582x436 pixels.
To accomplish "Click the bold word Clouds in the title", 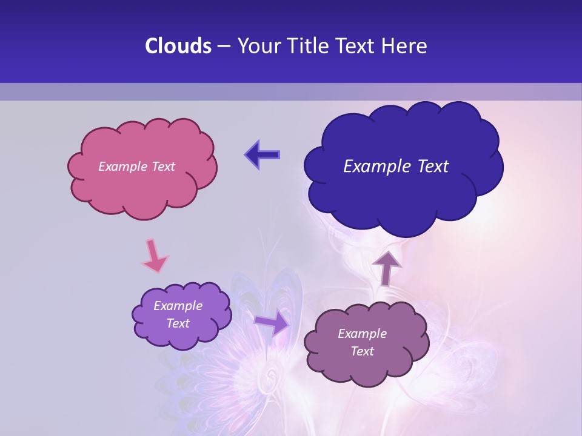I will pos(178,46).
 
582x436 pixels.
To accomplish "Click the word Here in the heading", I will pos(405,46).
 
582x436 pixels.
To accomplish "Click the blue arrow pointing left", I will pos(263,155).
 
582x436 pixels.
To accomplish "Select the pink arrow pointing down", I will pos(153,257).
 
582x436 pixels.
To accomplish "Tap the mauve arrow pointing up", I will pos(386,267).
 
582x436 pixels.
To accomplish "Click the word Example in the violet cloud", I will pos(178,306).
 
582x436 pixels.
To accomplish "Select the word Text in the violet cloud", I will pos(178,323).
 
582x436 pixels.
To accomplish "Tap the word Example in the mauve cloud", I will pos(362,334).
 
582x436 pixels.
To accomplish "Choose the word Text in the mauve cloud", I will pos(362,351).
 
